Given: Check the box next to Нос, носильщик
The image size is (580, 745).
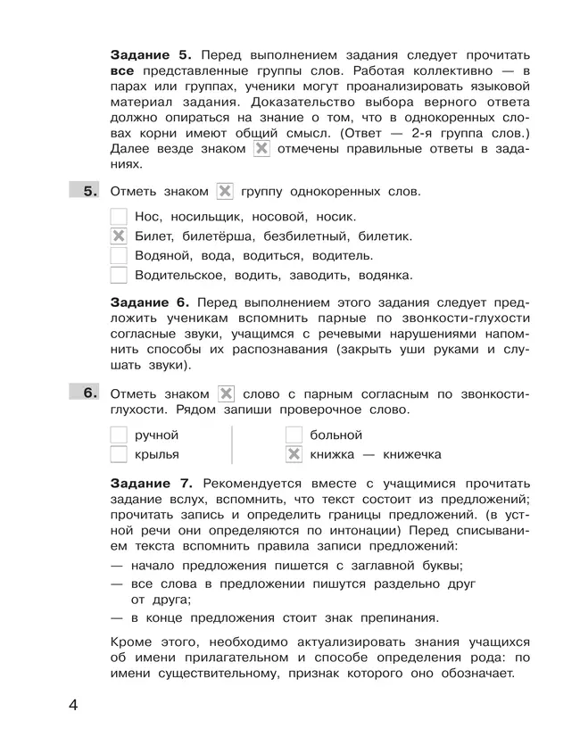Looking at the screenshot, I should coord(118,216).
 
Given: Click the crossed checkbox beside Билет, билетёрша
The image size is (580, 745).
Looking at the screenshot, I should coord(118,236).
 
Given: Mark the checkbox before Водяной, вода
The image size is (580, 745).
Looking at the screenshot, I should coord(118,256).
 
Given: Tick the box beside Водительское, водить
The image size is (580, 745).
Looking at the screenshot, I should coord(118,276).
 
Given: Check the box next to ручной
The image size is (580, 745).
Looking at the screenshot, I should coord(118,435).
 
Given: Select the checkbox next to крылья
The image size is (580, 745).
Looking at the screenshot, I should coord(118,455).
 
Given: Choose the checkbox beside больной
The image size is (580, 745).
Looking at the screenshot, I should coord(294,435).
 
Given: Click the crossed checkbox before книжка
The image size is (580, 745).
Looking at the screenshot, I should coord(294,455).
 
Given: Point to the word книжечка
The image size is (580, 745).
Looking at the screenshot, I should coord(408,455).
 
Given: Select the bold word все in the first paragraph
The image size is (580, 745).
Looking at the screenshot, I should coord(123,70).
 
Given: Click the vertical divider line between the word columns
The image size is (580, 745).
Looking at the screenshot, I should coord(232,445).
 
